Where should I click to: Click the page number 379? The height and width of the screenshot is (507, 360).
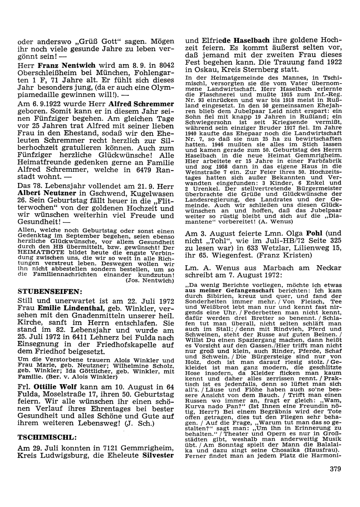(335, 468)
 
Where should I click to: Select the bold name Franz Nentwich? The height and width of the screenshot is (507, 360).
(67, 65)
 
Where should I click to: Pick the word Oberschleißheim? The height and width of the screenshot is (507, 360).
(41, 73)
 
